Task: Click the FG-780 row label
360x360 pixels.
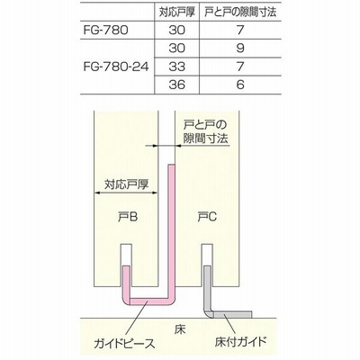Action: point(105,30)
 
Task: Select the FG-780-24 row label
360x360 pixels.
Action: point(116,67)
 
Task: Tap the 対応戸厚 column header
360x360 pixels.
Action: point(177,12)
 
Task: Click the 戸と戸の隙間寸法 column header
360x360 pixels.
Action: point(240,12)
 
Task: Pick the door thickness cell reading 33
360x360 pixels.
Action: point(176,67)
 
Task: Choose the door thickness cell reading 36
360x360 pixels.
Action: point(176,85)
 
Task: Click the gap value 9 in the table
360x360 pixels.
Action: point(240,49)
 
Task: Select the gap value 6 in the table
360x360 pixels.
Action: point(240,85)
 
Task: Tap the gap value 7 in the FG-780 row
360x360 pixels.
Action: point(240,30)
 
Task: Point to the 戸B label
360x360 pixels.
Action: point(128,216)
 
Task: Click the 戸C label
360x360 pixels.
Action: point(207,216)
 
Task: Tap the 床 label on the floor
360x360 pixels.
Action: point(180,329)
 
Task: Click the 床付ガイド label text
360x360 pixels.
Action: point(240,341)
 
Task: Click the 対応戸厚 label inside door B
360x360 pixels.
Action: point(126,184)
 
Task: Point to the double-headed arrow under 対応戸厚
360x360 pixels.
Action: point(126,193)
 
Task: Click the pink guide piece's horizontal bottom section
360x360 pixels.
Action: point(149,301)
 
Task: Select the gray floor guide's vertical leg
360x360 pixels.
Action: point(208,289)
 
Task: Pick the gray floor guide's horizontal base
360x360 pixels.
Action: point(232,315)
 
